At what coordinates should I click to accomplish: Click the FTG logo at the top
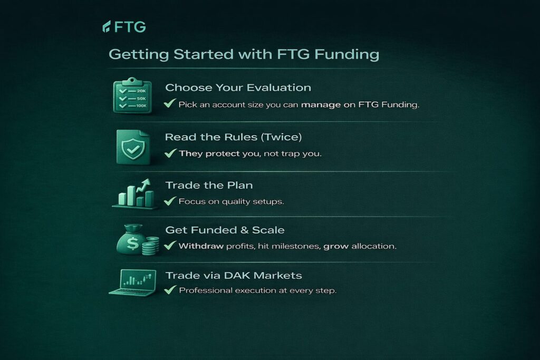click(x=124, y=26)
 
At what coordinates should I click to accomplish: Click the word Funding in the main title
click(x=347, y=54)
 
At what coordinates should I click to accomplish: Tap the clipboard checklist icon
click(x=132, y=96)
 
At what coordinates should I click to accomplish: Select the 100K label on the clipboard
click(x=141, y=105)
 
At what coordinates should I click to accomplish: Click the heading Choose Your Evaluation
click(x=238, y=87)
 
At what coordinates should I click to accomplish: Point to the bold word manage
click(x=321, y=105)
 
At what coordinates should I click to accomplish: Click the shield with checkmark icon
click(x=133, y=147)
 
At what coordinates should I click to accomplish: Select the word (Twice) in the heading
click(x=281, y=137)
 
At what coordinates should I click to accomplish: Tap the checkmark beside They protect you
click(x=170, y=153)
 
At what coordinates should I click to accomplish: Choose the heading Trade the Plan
click(x=209, y=185)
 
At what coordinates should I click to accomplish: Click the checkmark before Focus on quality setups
click(x=170, y=201)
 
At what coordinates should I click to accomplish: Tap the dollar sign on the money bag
click(x=132, y=244)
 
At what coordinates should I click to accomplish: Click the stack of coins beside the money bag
click(x=150, y=246)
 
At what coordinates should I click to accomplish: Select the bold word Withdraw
click(x=201, y=246)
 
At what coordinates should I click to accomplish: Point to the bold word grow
click(x=336, y=247)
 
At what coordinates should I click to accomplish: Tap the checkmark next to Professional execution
click(x=170, y=290)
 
